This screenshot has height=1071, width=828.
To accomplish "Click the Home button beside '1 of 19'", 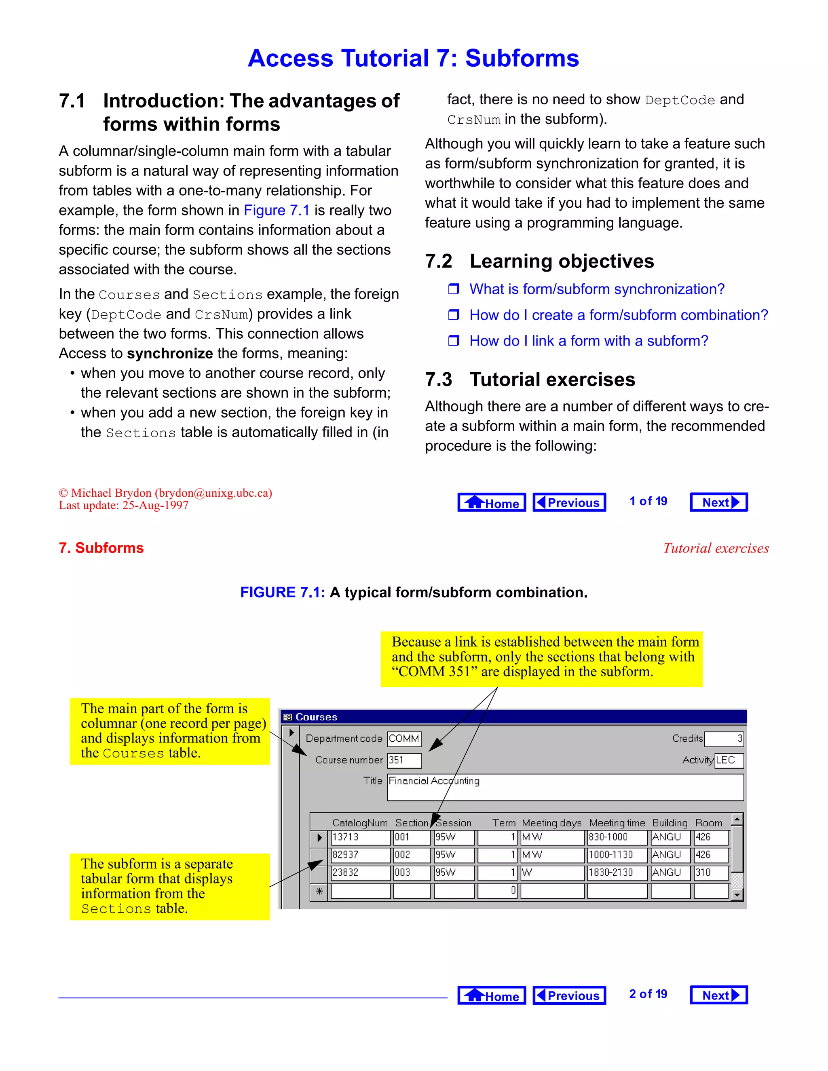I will click(492, 502).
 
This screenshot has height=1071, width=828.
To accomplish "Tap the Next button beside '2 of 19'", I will click(718, 995).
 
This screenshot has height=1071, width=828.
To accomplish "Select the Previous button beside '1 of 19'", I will click(569, 502).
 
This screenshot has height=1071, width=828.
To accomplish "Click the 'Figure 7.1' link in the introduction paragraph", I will click(277, 211).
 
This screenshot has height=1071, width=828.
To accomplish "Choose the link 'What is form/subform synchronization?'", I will click(596, 289).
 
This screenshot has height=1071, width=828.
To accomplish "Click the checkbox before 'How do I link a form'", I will click(454, 341).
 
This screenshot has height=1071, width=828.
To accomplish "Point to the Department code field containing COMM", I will click(404, 738).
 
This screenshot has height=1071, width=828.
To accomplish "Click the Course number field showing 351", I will click(404, 760).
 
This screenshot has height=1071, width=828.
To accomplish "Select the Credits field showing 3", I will click(724, 738).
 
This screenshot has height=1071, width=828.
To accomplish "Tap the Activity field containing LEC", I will click(729, 760).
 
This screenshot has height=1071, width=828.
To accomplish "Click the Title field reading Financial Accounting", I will click(565, 787).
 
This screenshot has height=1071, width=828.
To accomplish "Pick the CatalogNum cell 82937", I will click(361, 855).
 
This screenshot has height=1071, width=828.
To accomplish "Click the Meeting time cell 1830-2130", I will click(617, 873).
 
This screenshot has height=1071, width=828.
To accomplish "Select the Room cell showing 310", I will click(711, 873).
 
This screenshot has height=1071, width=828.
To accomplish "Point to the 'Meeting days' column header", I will click(551, 823).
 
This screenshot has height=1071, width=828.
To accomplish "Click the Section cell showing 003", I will click(412, 873).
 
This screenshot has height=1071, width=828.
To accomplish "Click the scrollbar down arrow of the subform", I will click(737, 895).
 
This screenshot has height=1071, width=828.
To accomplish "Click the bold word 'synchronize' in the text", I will click(170, 353).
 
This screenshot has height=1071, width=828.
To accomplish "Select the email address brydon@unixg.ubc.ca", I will click(213, 493).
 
